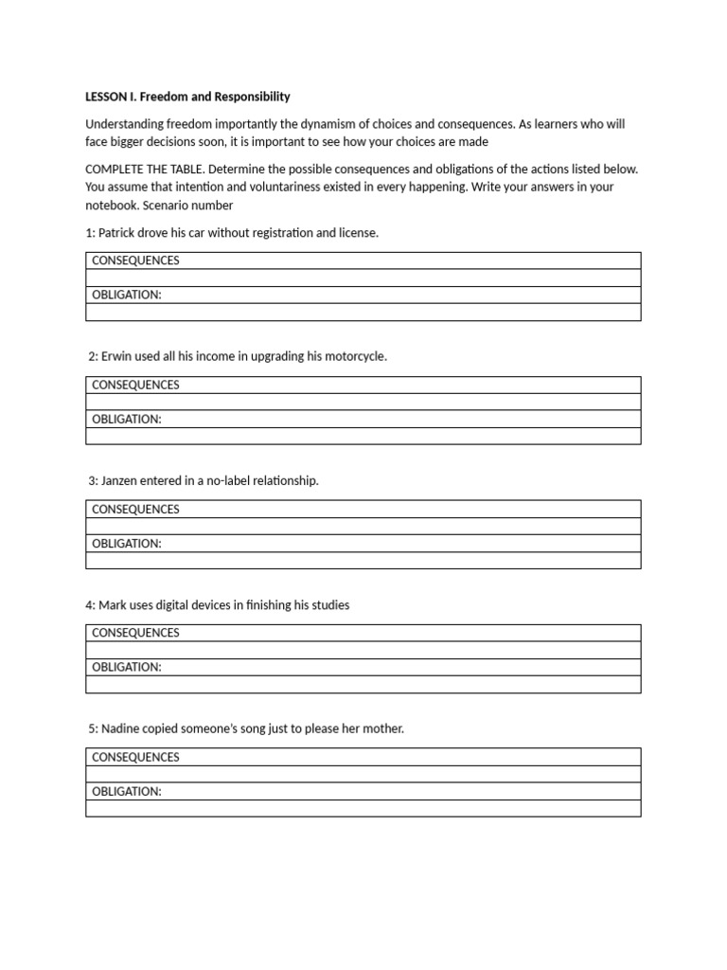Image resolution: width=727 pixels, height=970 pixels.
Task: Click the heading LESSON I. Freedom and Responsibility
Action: tap(187, 97)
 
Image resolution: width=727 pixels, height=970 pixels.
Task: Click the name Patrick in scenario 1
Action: tap(120, 233)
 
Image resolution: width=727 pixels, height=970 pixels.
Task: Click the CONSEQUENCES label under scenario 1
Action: tap(135, 260)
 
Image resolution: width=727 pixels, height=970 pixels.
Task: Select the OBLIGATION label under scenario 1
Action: tap(127, 295)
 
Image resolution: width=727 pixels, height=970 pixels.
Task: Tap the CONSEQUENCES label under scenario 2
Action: tap(135, 385)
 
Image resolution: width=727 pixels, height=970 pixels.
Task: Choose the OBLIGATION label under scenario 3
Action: tap(127, 544)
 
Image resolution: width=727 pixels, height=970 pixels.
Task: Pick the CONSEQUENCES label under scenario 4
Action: tap(135, 633)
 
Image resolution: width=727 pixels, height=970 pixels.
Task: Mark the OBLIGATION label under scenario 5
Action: tap(127, 791)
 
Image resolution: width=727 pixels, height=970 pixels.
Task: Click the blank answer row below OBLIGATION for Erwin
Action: tap(363, 437)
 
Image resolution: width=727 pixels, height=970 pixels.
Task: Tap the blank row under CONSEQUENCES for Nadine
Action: tap(363, 774)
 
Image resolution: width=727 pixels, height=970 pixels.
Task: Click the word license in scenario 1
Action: tap(357, 233)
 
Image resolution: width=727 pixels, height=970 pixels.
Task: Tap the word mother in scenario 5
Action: tap(380, 729)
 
